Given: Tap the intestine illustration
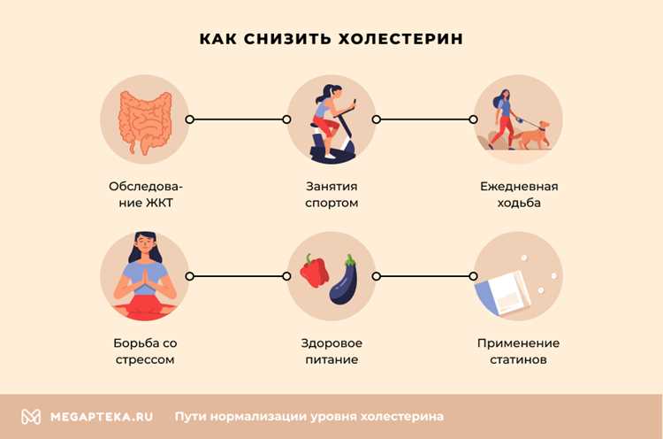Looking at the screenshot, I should [144, 119].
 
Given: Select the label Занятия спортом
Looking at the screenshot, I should [331, 195].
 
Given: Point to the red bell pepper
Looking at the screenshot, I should [314, 272].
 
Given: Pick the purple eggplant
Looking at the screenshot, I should [344, 281].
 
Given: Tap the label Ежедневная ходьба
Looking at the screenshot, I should [518, 195].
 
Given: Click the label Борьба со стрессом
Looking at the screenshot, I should [144, 351].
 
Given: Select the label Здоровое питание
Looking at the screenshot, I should [331, 351].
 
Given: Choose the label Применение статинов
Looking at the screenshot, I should [518, 351].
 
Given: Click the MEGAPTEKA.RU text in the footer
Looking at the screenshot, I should [102, 416].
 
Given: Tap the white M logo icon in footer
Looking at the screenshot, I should [31, 416].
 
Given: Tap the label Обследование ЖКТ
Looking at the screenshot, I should [144, 195].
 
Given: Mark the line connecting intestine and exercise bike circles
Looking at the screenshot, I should [237, 119].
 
